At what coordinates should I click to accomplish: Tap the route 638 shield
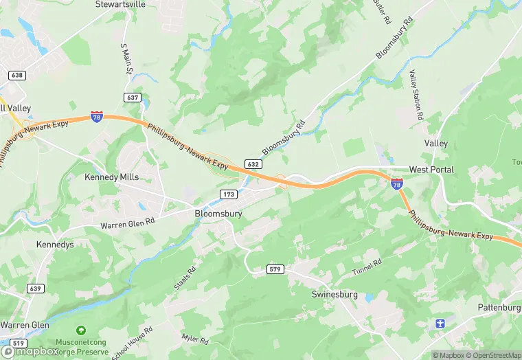pos(18,75)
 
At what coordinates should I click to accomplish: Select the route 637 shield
pos(133,97)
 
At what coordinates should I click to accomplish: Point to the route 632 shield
pos(253,164)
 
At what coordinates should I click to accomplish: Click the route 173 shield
pos(229,194)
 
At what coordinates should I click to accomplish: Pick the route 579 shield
pos(275,270)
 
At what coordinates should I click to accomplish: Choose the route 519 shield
pos(19,343)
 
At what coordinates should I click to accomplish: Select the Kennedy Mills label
pos(111,177)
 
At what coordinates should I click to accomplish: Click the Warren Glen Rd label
pos(128,225)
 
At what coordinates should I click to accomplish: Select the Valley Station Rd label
pos(415,95)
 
